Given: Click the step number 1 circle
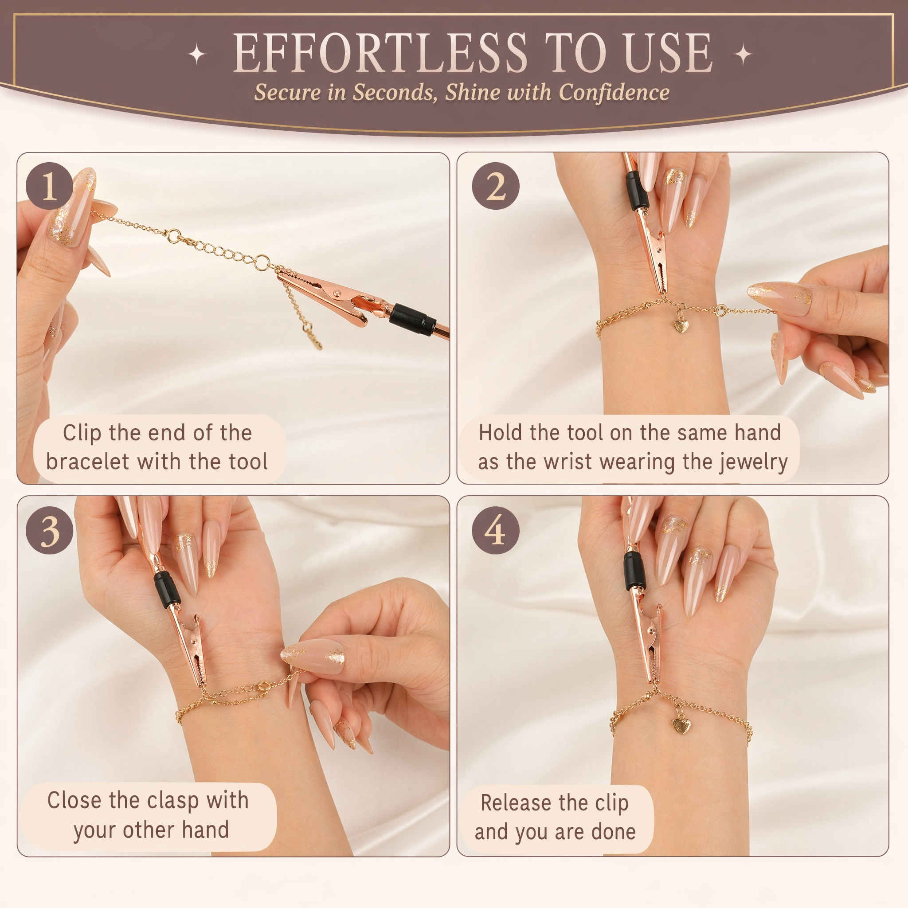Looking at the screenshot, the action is point(49,186).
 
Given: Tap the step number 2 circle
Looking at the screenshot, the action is point(495,186).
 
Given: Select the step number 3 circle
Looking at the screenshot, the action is point(49,530).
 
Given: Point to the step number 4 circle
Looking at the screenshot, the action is point(495,530).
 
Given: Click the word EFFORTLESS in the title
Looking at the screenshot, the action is point(381,54).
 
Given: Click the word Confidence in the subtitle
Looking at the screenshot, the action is point(614,92).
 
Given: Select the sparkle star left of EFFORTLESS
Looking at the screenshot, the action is point(197,55).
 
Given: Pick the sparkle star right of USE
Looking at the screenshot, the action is point(743,55).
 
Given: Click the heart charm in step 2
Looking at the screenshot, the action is point(679,325).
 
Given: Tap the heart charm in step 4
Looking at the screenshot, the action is point(681,726).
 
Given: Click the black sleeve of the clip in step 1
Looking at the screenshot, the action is point(412,319).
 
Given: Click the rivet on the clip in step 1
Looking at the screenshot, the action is point(337,293).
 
